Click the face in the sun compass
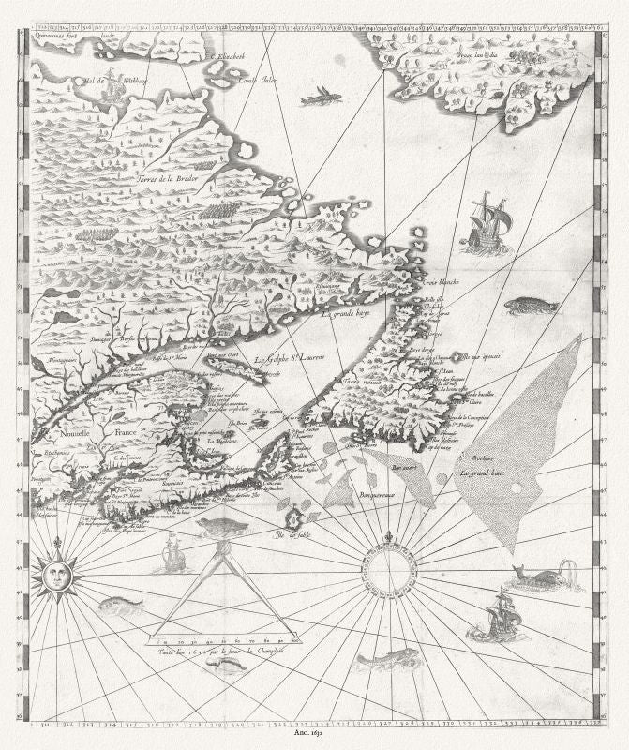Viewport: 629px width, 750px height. coord(54,573)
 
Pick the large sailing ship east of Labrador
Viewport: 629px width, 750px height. coord(489,222)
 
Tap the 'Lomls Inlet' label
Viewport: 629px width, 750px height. coord(256,80)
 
